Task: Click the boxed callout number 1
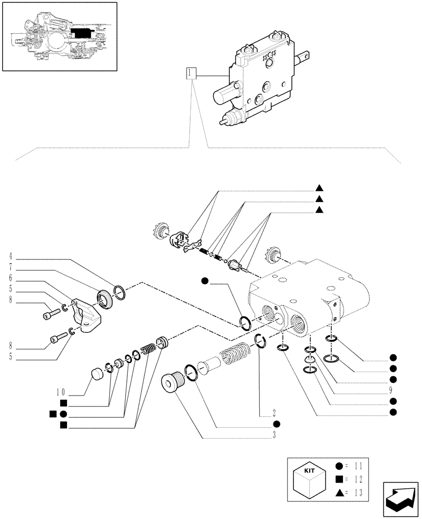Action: click(192, 73)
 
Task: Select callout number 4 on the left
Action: click(10, 256)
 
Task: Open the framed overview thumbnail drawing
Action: click(59, 36)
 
